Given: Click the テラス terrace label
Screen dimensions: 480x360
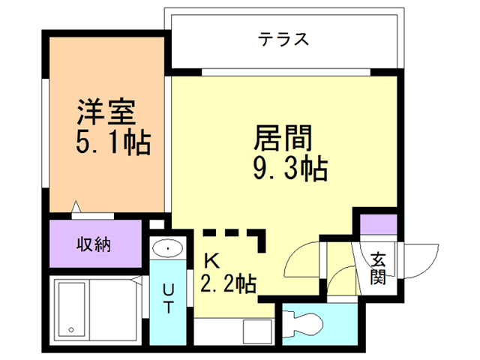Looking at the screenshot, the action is pos(283,40).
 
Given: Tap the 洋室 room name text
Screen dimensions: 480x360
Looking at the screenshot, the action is pos(106,112).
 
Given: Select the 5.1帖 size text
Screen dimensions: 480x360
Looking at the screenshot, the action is pos(113,142).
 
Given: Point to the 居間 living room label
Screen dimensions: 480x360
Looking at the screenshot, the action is pos(283,138).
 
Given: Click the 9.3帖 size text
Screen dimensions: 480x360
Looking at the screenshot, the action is pos(290,168).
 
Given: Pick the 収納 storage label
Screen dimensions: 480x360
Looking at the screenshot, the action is pos(94,244).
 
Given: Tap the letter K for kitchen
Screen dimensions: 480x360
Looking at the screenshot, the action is pos(211,261).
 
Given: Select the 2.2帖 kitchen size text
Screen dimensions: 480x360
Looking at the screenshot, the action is pos(228,283).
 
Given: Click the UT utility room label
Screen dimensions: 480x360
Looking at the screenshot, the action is pos(168,298).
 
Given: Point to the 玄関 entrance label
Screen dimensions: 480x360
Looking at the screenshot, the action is pos(378,268).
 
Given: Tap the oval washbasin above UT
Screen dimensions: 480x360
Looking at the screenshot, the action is pos(167,248).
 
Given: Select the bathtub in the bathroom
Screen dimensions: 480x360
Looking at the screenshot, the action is pos(72,310).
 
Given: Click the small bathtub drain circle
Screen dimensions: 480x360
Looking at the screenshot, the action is pos(71,330).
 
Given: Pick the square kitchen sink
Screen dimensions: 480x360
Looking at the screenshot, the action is pos(257,331).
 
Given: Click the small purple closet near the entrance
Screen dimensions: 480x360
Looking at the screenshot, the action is pos(378,224).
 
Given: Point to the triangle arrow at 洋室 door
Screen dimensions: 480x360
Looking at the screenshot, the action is pos(76,207).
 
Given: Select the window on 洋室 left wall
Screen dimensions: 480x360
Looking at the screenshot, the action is pos(45,133).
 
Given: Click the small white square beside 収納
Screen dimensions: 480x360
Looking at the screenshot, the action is pos(157,224).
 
